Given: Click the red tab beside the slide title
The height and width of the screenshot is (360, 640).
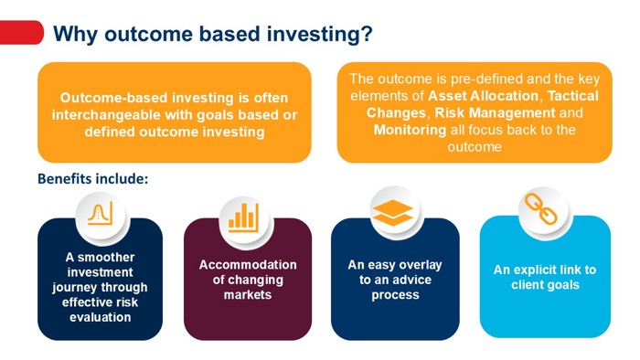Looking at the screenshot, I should pos(20,34).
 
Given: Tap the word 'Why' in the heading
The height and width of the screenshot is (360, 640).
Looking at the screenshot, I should pos(75,35).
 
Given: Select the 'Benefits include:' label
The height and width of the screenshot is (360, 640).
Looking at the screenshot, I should pos(92,178).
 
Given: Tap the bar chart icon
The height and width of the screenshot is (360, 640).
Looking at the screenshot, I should pos(243,217).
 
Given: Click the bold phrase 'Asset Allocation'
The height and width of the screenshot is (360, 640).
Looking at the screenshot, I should pos(479,96).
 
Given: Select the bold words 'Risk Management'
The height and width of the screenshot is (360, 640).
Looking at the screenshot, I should pos(499,112).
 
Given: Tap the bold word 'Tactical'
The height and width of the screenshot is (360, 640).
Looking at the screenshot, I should pos(572,96).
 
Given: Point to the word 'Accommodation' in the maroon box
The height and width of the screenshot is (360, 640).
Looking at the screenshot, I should pos(248,264).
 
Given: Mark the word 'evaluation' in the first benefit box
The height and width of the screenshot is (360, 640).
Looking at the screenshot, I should pos(100,316).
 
